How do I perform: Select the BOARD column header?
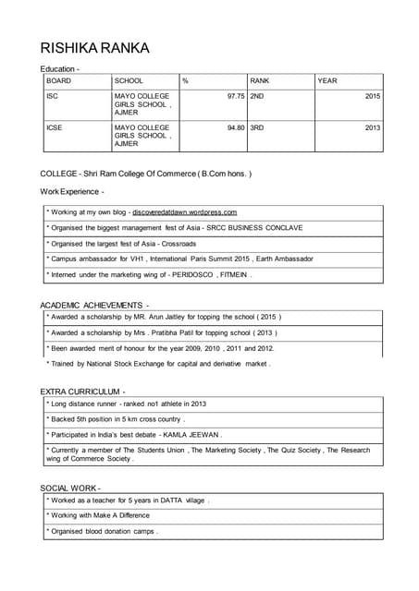59,81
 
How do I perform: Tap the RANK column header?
260,81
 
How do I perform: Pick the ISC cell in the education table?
53,96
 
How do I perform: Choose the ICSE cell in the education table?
55,128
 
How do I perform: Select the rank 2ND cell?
257,96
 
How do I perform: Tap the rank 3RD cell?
257,128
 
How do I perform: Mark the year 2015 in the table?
372,96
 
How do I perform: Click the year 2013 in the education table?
372,128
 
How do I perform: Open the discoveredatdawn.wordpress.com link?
184,212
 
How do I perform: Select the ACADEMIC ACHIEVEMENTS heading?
93,305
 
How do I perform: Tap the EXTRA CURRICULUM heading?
81,392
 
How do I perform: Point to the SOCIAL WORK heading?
70,488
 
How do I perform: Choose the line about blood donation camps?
103,532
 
